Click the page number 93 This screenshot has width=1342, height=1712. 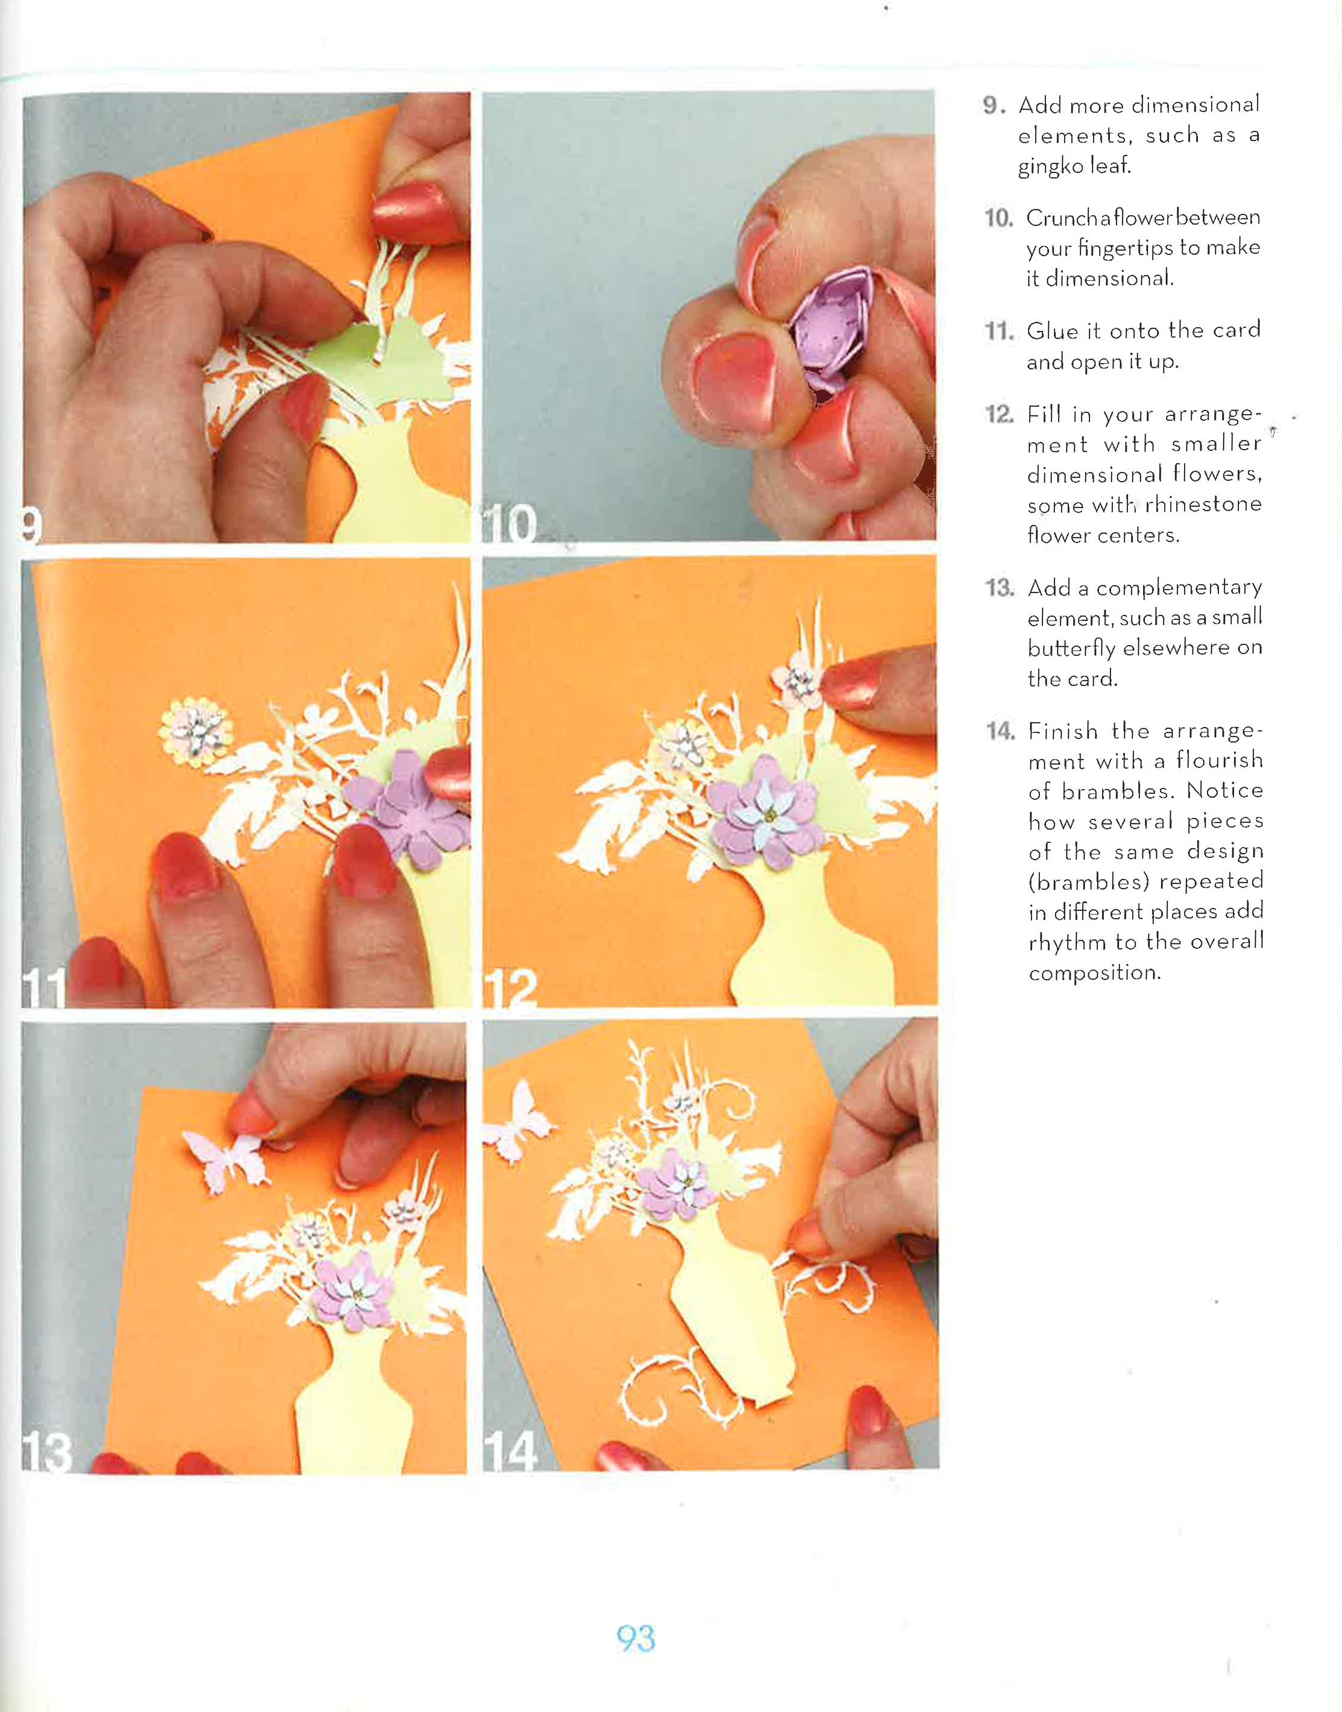(635, 1638)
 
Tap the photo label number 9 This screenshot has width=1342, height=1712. (31, 524)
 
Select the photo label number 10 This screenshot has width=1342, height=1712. (509, 523)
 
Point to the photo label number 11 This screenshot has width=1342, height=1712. (44, 989)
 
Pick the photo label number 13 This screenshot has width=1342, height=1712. (47, 1452)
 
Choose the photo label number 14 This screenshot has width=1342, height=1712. (511, 1451)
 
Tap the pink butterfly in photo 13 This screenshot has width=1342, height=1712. (225, 1159)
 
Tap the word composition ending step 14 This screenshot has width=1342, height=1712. (1094, 974)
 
